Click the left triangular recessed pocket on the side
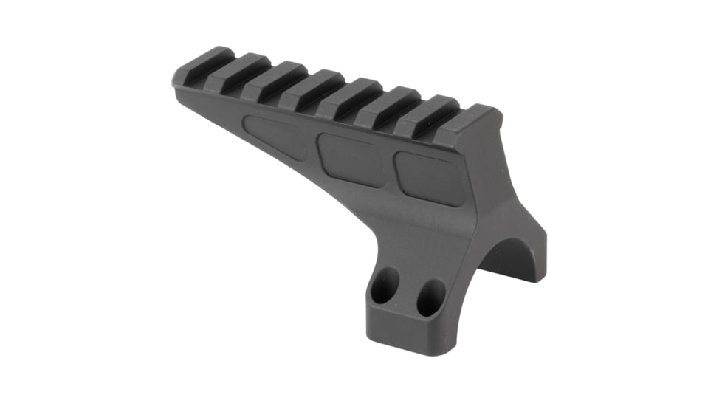point(277,137)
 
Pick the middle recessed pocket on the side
point(350,159)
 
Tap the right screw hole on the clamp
point(430,297)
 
